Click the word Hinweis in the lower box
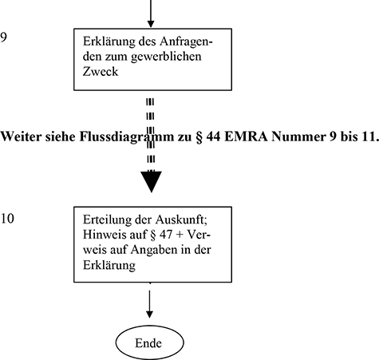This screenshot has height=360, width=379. pyautogui.click(x=103, y=235)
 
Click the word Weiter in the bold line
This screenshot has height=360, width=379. pyautogui.click(x=22, y=136)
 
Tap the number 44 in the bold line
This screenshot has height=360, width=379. pyautogui.click(x=203, y=136)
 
